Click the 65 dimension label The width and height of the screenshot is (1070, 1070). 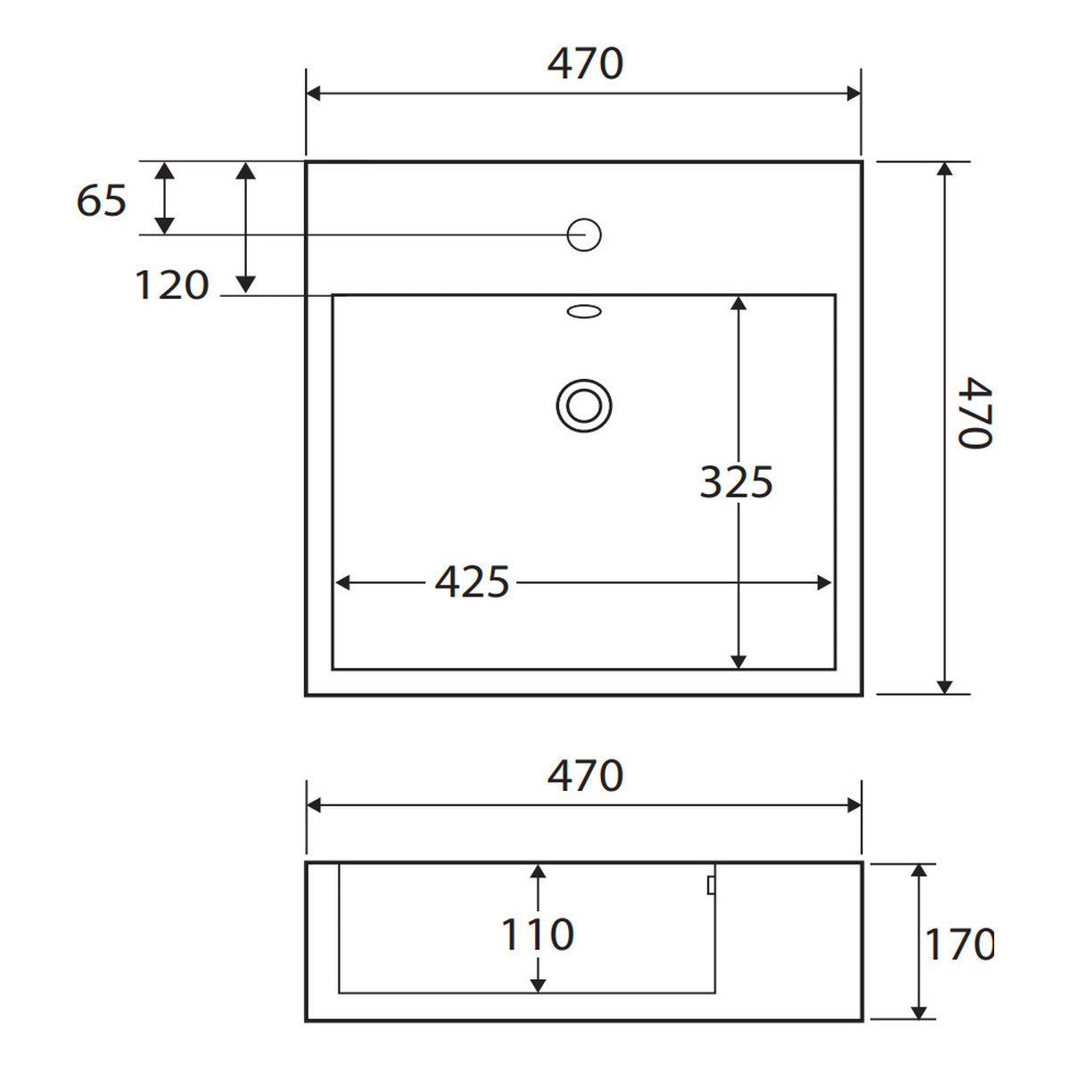tap(102, 201)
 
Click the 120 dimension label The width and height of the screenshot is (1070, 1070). tap(172, 285)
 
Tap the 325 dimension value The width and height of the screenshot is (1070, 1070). tap(737, 482)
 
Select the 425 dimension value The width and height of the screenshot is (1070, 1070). tap(472, 582)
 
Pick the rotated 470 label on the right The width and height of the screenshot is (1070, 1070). tap(975, 413)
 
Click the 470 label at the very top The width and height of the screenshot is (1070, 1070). tap(585, 64)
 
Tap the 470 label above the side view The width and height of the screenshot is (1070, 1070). tap(585, 776)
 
